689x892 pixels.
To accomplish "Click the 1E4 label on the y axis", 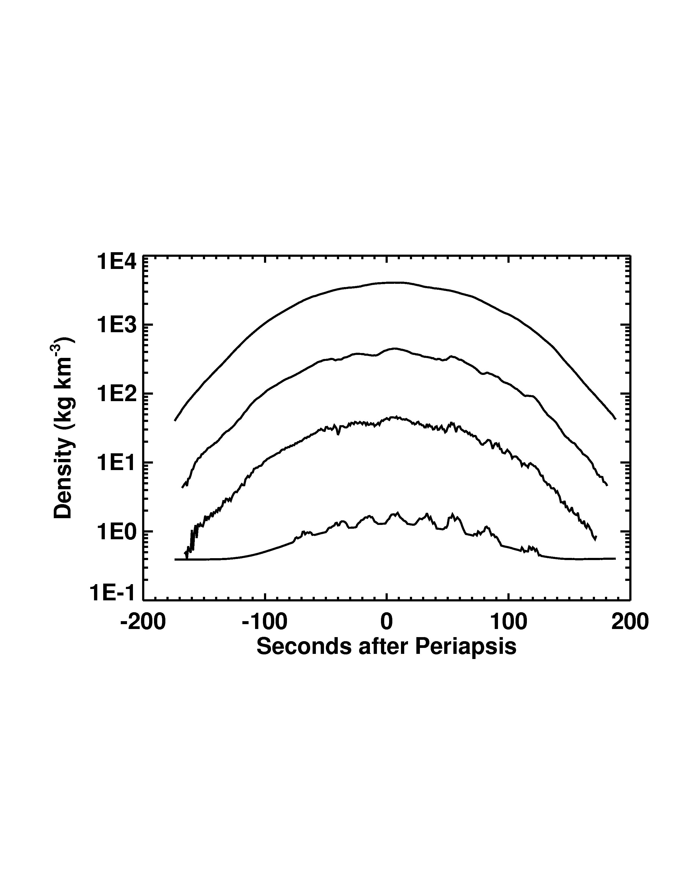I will click(116, 262).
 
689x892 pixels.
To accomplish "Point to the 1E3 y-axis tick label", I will click(116, 326).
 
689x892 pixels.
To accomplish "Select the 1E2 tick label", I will click(116, 395).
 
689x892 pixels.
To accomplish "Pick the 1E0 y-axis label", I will click(116, 532).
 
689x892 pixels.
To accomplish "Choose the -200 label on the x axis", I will click(143, 623).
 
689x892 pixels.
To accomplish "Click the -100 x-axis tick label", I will click(265, 623).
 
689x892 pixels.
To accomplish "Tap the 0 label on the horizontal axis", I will click(386, 623).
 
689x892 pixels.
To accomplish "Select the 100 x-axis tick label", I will click(508, 623).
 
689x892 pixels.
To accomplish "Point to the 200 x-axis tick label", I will click(630, 623).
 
